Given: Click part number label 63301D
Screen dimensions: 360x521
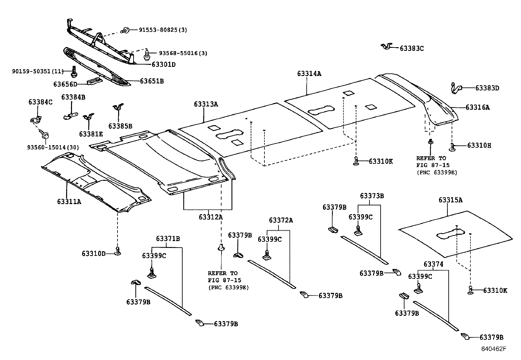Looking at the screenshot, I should [x=163, y=65].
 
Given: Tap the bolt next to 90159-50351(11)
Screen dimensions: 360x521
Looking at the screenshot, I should [x=74, y=70].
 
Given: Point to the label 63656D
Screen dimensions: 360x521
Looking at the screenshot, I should [x=65, y=84].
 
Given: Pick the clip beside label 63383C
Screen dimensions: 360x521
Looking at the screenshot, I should [x=387, y=46].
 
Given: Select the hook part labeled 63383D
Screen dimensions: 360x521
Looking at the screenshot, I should [x=455, y=88].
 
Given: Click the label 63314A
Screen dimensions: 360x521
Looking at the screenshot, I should [x=309, y=74].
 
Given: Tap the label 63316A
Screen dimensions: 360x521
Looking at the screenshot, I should [x=477, y=107].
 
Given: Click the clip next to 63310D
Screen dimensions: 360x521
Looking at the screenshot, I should [x=117, y=252].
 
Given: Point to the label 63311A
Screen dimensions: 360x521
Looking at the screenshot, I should [x=69, y=202].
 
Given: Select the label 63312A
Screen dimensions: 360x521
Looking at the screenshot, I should [x=210, y=217].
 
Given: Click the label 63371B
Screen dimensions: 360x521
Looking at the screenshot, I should [x=168, y=238].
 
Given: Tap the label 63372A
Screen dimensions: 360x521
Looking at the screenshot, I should [x=281, y=220].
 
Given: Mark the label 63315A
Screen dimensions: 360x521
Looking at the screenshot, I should [x=450, y=200].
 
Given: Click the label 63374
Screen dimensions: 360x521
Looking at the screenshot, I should [x=433, y=264].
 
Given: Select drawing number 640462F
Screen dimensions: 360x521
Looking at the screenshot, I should [x=493, y=349].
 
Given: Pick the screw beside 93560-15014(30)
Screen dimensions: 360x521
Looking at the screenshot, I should [x=45, y=134].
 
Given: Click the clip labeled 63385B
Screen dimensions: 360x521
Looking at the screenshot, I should [x=118, y=108].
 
